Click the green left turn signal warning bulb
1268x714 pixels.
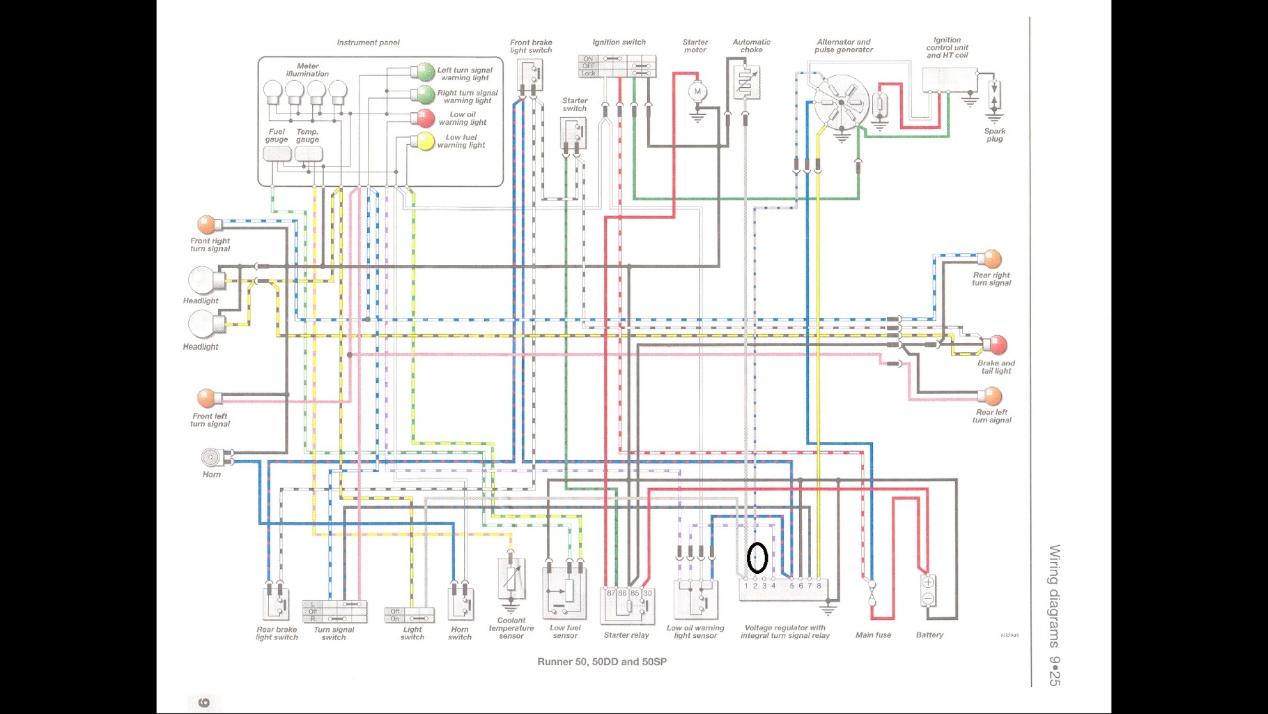click(x=425, y=72)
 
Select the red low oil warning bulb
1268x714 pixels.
click(x=424, y=118)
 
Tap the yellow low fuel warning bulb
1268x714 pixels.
click(x=424, y=141)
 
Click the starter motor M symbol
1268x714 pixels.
click(x=697, y=91)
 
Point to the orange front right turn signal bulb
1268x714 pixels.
click(x=207, y=225)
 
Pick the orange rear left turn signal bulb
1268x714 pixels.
click(x=991, y=397)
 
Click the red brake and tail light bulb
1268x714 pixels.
click(x=997, y=344)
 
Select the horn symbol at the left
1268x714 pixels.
click(x=211, y=457)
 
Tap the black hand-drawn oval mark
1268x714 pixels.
click(x=757, y=558)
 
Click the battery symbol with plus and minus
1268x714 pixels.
click(x=928, y=590)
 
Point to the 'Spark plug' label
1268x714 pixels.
click(x=995, y=135)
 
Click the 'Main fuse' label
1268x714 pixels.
click(x=873, y=635)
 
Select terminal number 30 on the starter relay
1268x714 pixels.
click(x=648, y=593)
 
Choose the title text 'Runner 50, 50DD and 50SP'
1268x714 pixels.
click(x=602, y=662)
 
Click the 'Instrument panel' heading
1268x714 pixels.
click(x=368, y=43)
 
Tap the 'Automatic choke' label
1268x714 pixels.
click(x=751, y=46)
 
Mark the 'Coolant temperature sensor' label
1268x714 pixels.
click(x=511, y=628)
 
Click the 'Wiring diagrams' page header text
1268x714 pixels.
click(x=1055, y=596)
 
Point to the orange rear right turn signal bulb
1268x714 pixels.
click(x=991, y=259)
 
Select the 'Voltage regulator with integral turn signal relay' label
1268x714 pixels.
click(x=785, y=632)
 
